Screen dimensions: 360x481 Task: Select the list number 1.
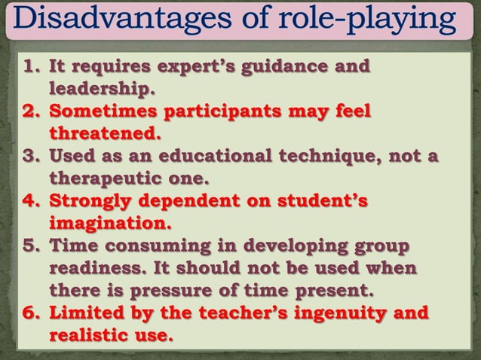pos(30,67)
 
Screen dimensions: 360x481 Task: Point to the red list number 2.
pos(30,113)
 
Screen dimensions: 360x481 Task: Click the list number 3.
pos(30,158)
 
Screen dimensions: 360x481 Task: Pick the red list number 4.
pos(30,203)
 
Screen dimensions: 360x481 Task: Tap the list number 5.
pos(30,246)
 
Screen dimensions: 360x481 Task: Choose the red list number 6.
pos(30,312)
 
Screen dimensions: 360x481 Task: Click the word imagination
pos(110,224)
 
